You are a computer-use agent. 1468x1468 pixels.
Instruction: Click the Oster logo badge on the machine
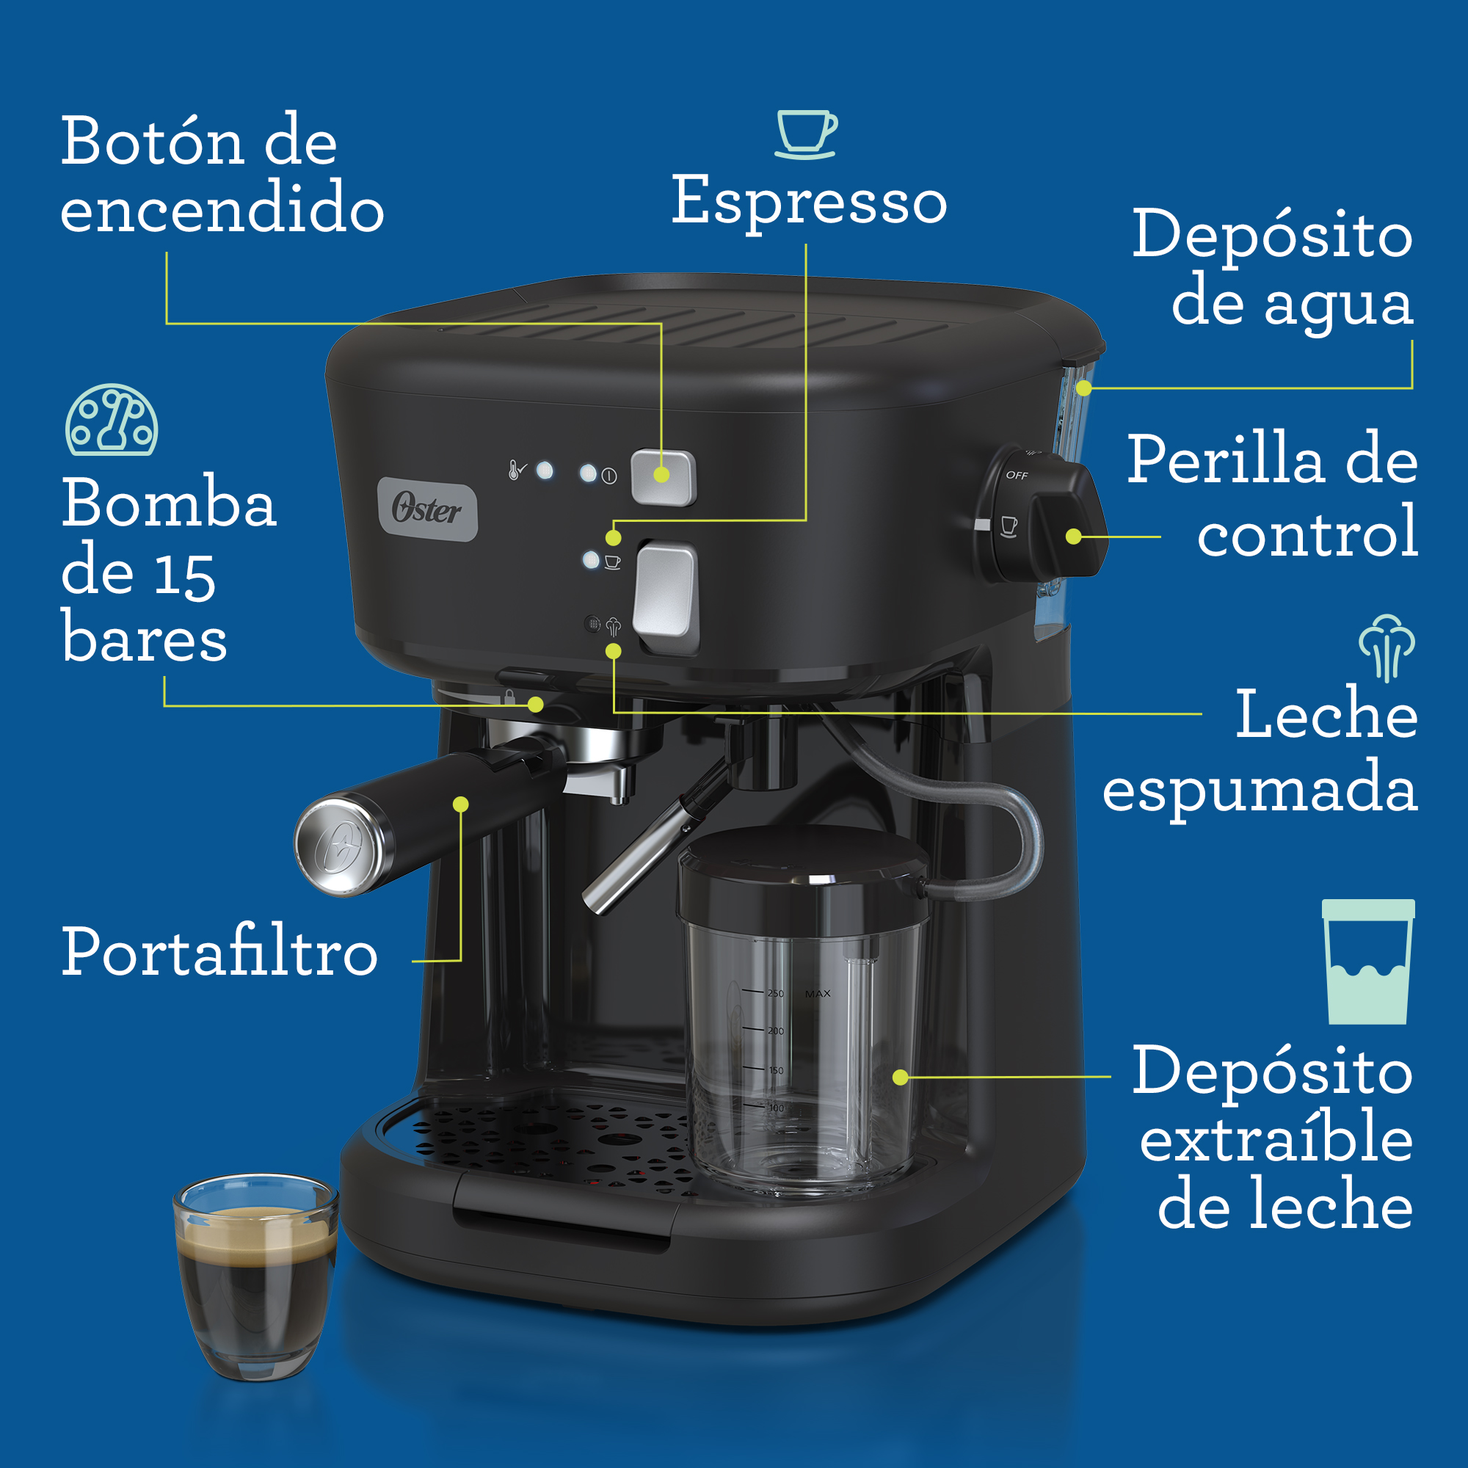428,509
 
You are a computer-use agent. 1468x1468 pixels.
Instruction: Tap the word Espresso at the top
809,200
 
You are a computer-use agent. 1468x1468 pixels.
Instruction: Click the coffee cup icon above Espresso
806,134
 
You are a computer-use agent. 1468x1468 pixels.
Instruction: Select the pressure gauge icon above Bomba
112,419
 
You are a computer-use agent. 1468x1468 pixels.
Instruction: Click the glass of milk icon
1367,962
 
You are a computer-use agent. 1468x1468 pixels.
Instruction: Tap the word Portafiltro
219,951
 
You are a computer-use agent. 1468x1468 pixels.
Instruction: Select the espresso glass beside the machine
255,1276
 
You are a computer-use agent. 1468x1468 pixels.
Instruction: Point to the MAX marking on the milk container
818,994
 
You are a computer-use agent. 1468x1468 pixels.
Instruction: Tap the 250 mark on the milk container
775,993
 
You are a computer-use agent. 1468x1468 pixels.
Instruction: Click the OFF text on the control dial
1017,476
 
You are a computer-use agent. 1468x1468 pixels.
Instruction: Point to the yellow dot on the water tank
1084,388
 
